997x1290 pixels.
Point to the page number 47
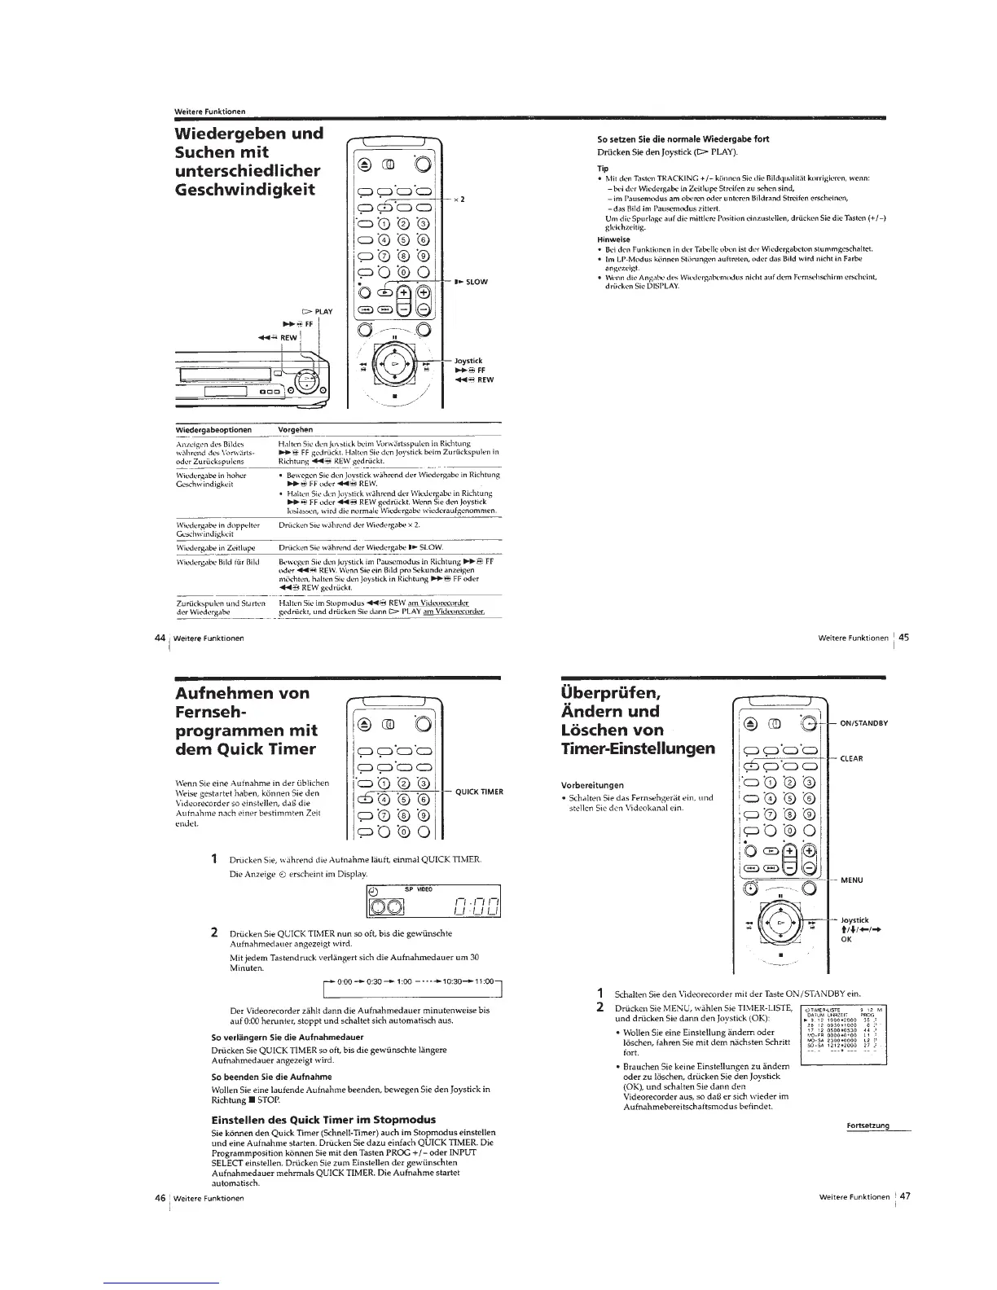tap(904, 1196)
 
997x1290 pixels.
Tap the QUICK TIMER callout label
tap(479, 792)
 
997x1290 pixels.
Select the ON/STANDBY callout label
tap(863, 722)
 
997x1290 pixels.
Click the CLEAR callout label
tap(851, 758)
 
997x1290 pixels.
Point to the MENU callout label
tap(850, 880)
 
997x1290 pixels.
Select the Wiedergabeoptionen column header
tap(214, 429)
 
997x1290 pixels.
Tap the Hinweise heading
tap(613, 240)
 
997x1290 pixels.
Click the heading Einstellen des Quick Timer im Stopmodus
tap(323, 1119)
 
